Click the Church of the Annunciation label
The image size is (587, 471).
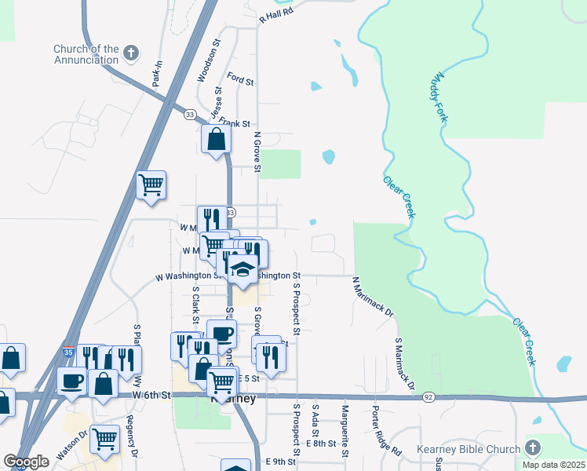(x=86, y=54)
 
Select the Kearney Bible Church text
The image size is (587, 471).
(x=481, y=449)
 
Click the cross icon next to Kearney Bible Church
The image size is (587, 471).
(x=533, y=448)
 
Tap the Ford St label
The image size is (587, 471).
(x=240, y=80)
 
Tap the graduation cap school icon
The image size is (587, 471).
(x=243, y=269)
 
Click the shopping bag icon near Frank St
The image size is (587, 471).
(x=216, y=140)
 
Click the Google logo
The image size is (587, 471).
(x=26, y=462)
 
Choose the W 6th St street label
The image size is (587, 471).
(x=151, y=395)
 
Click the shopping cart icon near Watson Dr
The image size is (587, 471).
(x=105, y=440)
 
